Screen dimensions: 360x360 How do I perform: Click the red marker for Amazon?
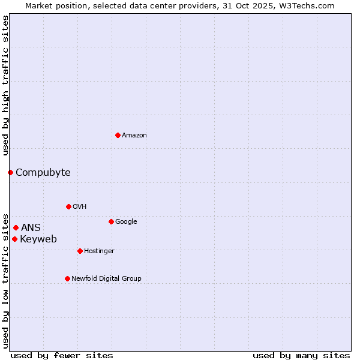pyautogui.click(x=118, y=135)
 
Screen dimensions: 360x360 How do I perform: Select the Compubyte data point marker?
pyautogui.click(x=10, y=172)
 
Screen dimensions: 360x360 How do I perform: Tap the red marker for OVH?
pyautogui.click(x=68, y=206)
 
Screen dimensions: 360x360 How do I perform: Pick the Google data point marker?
pyautogui.click(x=111, y=221)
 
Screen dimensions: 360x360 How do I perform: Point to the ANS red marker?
pyautogui.click(x=16, y=227)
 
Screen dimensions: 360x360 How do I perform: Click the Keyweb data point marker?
pyautogui.click(x=14, y=239)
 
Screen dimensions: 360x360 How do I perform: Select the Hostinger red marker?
pyautogui.click(x=80, y=251)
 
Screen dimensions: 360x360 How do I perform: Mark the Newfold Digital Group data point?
pyautogui.click(x=67, y=278)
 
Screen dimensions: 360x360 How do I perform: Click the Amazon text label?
pyautogui.click(x=134, y=136)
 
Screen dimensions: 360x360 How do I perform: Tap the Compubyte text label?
pyautogui.click(x=43, y=173)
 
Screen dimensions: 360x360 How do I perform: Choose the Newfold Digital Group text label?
pyautogui.click(x=107, y=278)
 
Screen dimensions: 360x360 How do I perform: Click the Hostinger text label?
pyautogui.click(x=99, y=251)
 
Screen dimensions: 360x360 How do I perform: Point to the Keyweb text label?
pyautogui.click(x=38, y=239)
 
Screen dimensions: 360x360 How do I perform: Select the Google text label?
pyautogui.click(x=126, y=222)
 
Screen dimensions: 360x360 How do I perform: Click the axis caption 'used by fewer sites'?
pyautogui.click(x=62, y=355)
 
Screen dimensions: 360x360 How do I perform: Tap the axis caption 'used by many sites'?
pyautogui.click(x=301, y=355)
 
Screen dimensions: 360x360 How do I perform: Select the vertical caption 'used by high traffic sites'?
pyautogui.click(x=6, y=85)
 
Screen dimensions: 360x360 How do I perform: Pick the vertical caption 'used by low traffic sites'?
pyautogui.click(x=6, y=280)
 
